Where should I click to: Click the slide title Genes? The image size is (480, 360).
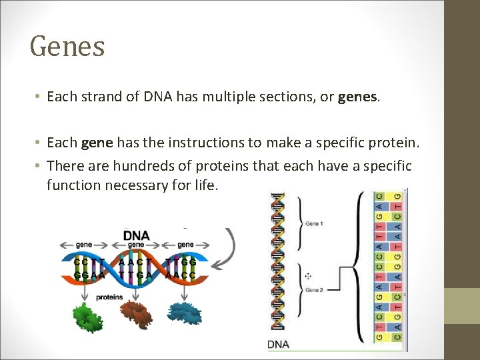[x=67, y=47]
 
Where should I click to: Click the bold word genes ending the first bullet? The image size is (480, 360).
[x=358, y=97]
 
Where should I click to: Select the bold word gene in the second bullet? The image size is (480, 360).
[x=97, y=143]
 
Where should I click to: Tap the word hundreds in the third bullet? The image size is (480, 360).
[x=131, y=166]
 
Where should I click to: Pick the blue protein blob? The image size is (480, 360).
[x=186, y=313]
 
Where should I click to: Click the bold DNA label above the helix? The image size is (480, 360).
[x=136, y=235]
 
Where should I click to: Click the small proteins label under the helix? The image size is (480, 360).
[x=109, y=297]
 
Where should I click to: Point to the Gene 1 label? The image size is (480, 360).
[x=314, y=224]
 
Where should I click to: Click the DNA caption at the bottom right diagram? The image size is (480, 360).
[x=279, y=345]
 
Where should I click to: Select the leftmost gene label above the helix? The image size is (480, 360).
[x=84, y=245]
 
